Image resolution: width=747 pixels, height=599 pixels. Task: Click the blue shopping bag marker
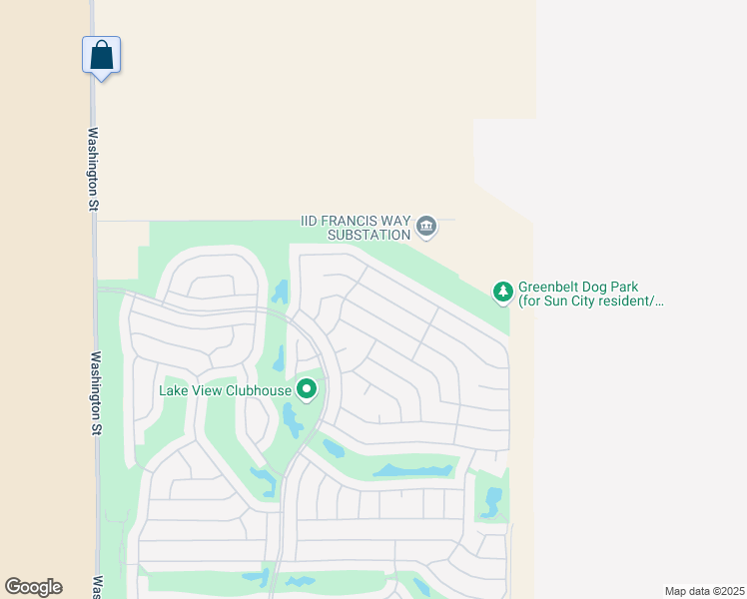[x=101, y=54]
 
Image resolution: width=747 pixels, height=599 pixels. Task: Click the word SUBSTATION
[x=370, y=235]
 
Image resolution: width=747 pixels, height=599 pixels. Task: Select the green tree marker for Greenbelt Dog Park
[x=503, y=292]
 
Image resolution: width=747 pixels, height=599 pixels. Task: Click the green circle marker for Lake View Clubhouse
[x=307, y=388]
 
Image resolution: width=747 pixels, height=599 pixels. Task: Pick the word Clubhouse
[x=259, y=390]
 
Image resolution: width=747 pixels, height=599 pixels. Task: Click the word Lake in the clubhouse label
[x=174, y=390]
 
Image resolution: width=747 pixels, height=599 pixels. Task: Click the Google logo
[x=33, y=587]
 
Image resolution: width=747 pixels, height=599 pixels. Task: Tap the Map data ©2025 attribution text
[x=704, y=591]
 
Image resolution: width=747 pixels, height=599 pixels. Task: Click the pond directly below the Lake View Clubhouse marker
[x=292, y=420]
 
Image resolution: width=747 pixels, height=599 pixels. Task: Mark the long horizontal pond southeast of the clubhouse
[x=412, y=470]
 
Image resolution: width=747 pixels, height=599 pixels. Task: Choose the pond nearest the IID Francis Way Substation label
[x=280, y=292]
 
